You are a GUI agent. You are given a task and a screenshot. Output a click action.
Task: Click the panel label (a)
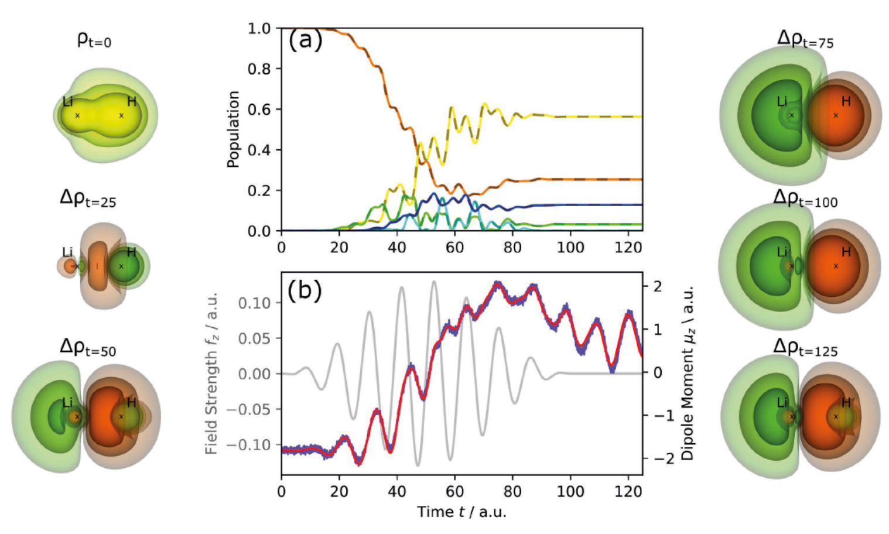[305, 40]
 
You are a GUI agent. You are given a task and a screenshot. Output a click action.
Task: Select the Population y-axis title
[233, 129]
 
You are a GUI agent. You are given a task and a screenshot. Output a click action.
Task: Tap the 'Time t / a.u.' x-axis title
[461, 512]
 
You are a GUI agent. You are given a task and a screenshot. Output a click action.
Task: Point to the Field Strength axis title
[211, 374]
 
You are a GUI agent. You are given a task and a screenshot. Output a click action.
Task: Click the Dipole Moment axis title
[688, 372]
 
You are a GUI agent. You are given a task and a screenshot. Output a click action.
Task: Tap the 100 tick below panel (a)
[570, 248]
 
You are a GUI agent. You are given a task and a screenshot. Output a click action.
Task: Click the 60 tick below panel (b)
[454, 492]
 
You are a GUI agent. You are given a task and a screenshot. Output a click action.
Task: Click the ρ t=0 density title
[94, 40]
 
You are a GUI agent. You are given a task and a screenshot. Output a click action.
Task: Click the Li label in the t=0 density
[67, 102]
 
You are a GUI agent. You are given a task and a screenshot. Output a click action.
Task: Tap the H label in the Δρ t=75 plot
[846, 101]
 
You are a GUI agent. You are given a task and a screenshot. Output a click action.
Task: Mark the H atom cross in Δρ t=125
[836, 416]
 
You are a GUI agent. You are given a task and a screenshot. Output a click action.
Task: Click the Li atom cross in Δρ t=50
[77, 416]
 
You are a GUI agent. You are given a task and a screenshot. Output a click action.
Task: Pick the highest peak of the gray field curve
[434, 281]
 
